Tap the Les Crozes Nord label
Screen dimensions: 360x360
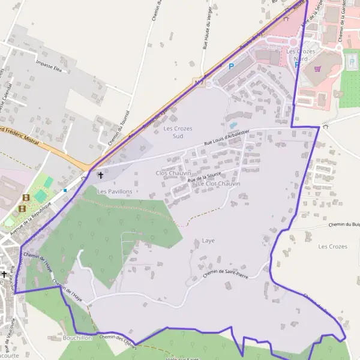[301, 55]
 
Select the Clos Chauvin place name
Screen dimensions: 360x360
[169, 173]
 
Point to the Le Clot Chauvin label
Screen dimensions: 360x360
[218, 184]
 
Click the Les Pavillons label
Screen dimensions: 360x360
[115, 191]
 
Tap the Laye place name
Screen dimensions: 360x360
[208, 241]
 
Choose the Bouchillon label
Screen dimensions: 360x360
[76, 338]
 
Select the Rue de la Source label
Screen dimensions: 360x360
[204, 176]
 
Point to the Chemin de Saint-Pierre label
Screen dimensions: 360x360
[226, 274]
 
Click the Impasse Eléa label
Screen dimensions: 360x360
[49, 66]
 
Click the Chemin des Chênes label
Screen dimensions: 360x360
[118, 340]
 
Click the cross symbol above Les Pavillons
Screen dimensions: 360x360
[100, 176]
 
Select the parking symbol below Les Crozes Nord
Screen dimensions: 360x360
[296, 65]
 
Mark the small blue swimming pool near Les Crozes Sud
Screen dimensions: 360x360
[233, 125]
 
